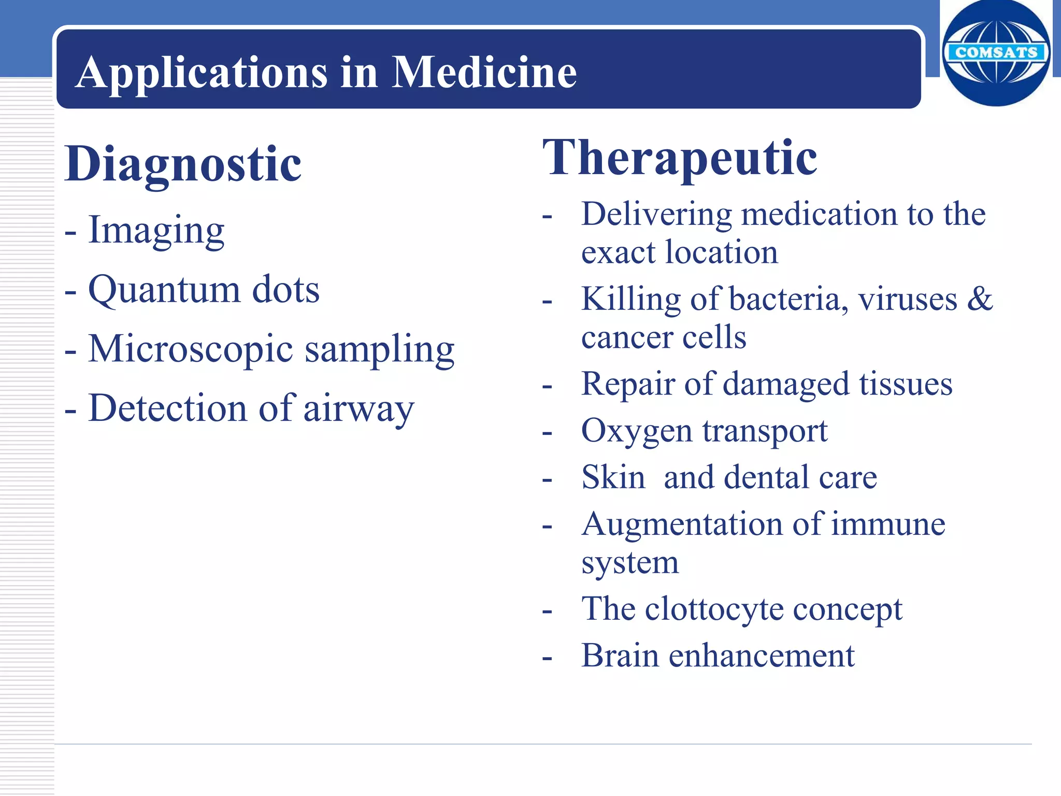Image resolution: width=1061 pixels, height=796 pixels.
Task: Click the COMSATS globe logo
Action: click(x=996, y=53)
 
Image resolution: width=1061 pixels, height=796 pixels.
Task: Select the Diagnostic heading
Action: click(x=183, y=164)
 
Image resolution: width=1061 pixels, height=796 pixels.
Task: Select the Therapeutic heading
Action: click(x=680, y=158)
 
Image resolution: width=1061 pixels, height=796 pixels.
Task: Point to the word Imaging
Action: click(x=156, y=231)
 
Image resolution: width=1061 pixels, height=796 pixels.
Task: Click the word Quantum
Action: click(x=164, y=290)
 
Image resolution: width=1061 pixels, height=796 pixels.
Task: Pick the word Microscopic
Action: click(x=191, y=350)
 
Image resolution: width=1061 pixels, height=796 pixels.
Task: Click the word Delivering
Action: click(x=656, y=215)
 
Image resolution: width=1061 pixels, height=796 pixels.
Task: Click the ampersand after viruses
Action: click(x=980, y=299)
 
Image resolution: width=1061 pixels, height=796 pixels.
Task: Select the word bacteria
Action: click(x=787, y=300)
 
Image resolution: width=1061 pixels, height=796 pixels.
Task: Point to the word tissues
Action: click(x=906, y=385)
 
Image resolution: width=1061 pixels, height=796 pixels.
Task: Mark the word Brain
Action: click(x=620, y=656)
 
